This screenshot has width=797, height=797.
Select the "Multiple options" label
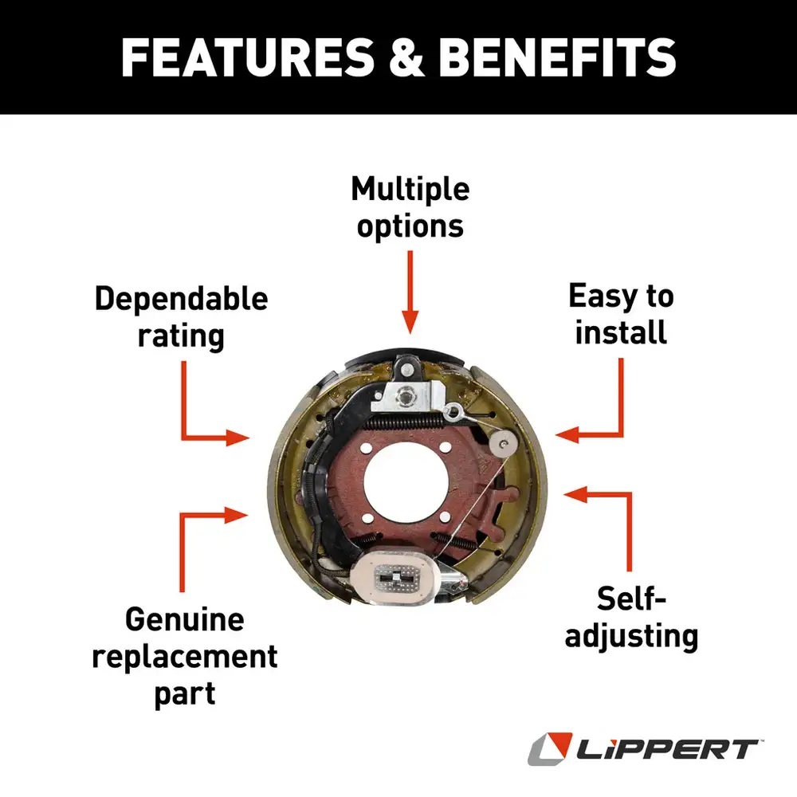tap(410, 207)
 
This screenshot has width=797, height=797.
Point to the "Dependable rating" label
tap(181, 316)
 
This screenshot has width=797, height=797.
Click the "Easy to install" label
tap(621, 313)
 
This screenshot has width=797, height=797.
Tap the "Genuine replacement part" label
tap(184, 658)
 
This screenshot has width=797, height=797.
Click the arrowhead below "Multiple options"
tap(410, 323)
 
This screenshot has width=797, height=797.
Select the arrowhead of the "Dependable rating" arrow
tap(239, 437)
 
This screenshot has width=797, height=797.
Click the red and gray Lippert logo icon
tap(548, 749)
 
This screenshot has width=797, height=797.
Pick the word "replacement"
tap(184, 658)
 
